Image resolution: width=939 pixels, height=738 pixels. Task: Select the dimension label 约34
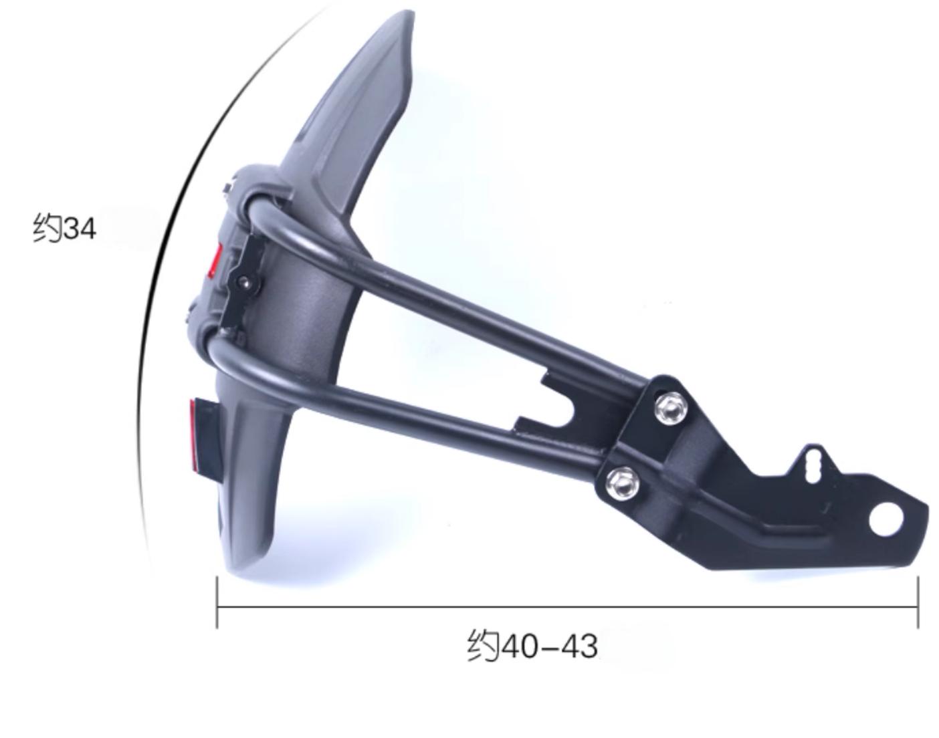[x=65, y=228]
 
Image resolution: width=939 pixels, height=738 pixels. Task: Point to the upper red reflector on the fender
[x=215, y=261]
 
